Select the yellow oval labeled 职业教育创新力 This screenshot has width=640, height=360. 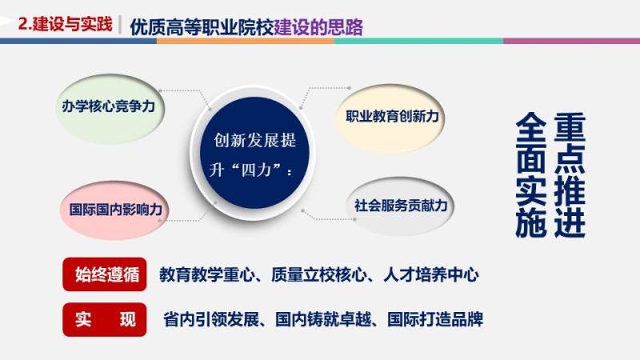click(390, 118)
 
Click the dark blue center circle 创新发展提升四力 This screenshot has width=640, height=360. click(254, 153)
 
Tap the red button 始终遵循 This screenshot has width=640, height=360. click(105, 274)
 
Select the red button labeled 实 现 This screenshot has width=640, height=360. click(105, 319)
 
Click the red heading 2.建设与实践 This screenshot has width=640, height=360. click(66, 25)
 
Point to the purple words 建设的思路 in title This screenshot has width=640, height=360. click(318, 27)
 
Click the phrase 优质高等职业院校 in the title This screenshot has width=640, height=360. click(202, 27)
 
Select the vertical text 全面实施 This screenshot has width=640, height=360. click(531, 174)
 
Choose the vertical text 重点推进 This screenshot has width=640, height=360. click(570, 174)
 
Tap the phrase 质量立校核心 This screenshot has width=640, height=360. click(318, 274)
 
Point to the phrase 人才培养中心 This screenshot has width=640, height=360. click(431, 274)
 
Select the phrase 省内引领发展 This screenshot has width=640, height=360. click(211, 319)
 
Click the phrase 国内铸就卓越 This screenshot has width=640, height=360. click(323, 319)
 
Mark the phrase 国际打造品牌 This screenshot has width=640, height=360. click(435, 319)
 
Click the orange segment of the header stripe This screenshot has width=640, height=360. click(246, 41)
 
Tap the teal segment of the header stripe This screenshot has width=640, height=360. click(418, 41)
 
